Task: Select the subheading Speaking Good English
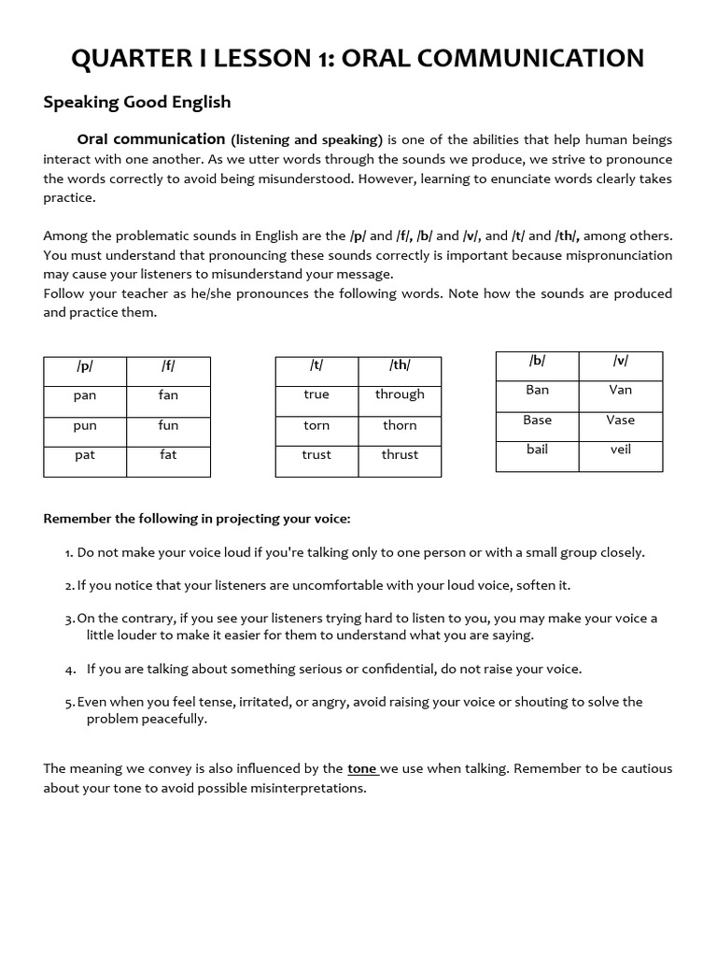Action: click(136, 102)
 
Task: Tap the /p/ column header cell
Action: click(85, 366)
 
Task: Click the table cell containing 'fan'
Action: click(168, 395)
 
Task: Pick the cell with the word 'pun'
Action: click(85, 425)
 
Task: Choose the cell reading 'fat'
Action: click(168, 455)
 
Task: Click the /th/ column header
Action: click(400, 365)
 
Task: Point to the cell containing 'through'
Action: click(400, 394)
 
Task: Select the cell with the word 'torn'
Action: click(316, 425)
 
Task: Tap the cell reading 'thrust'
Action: click(400, 455)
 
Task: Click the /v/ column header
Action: click(620, 361)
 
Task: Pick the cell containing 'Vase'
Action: click(620, 420)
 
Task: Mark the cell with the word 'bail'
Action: click(537, 450)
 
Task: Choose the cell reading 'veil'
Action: click(620, 450)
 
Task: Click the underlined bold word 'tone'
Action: click(361, 769)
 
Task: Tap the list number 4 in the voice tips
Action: click(70, 669)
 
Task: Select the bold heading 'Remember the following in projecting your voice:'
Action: click(197, 519)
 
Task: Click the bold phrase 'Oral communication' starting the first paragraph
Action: click(151, 139)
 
